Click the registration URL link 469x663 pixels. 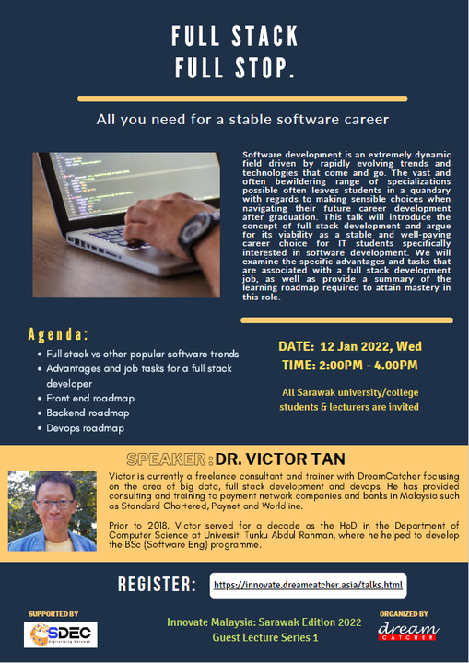click(308, 586)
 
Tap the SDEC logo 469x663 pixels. click(61, 634)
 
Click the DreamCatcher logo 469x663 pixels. click(408, 632)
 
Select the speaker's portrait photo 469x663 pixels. click(53, 511)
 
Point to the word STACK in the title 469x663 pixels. click(265, 36)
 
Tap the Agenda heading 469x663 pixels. click(58, 334)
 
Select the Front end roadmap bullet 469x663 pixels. click(90, 399)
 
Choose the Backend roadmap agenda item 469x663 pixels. click(88, 413)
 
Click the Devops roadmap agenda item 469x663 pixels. click(85, 428)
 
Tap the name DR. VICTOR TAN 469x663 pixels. click(280, 459)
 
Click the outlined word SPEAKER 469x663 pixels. click(166, 459)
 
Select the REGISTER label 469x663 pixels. click(157, 585)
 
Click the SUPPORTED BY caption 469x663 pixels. click(53, 614)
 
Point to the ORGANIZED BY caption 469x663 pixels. click(404, 614)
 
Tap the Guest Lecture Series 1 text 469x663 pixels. click(265, 637)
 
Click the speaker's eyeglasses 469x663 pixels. click(55, 504)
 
